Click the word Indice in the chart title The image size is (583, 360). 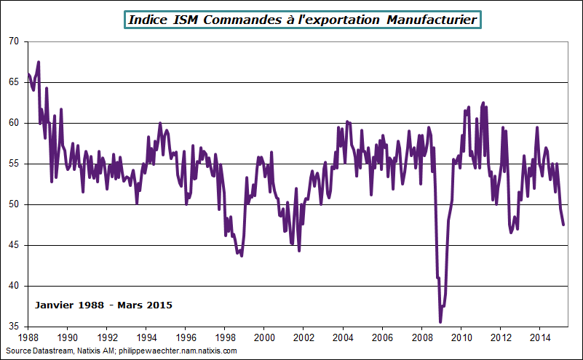[x=148, y=20]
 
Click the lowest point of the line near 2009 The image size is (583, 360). [x=440, y=321]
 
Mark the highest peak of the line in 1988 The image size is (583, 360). [x=39, y=62]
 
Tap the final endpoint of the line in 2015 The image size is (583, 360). [x=563, y=225]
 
